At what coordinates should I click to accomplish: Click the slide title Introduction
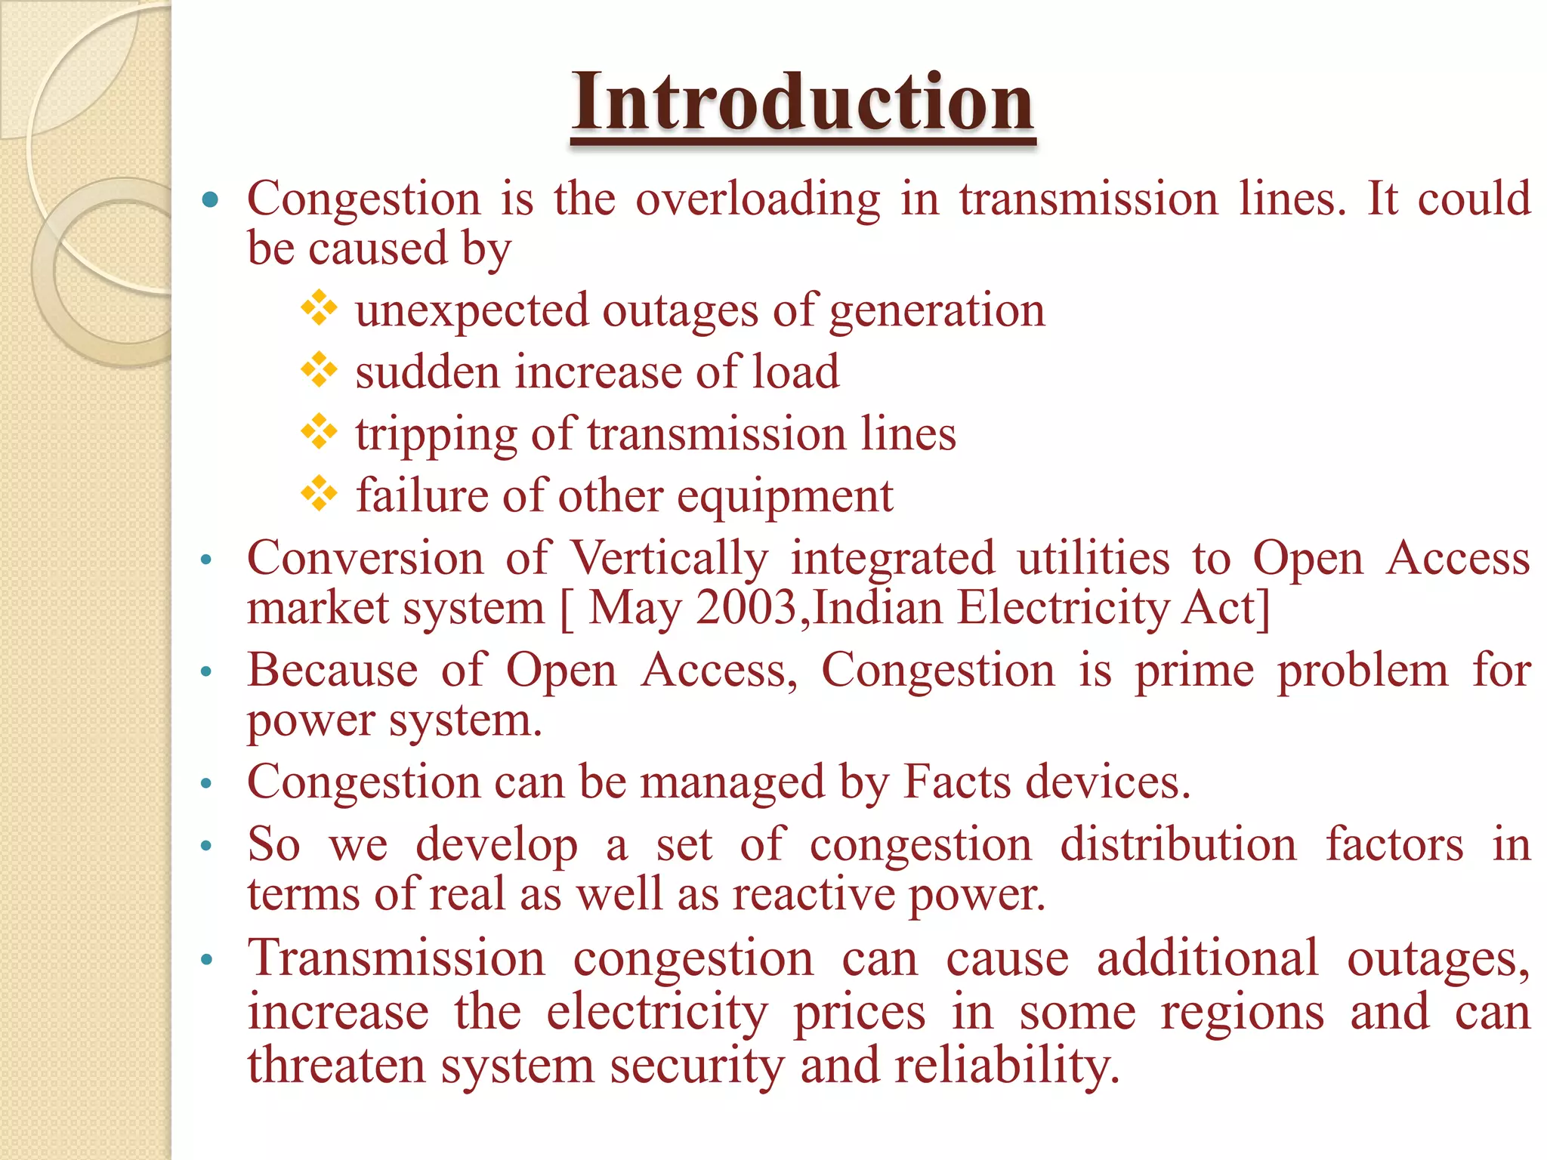click(802, 103)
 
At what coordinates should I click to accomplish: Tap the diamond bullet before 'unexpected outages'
click(319, 308)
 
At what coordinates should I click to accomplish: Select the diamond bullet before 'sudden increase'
click(319, 370)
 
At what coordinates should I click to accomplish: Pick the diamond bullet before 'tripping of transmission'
click(319, 432)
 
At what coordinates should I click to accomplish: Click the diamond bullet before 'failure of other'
click(319, 494)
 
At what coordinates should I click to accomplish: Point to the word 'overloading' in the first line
click(758, 200)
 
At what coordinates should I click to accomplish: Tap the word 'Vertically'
click(669, 559)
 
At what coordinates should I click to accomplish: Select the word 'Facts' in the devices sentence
click(956, 782)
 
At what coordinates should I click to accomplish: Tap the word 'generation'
click(937, 312)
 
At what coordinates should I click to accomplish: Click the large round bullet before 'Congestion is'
click(210, 200)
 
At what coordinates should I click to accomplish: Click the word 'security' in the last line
click(697, 1066)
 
